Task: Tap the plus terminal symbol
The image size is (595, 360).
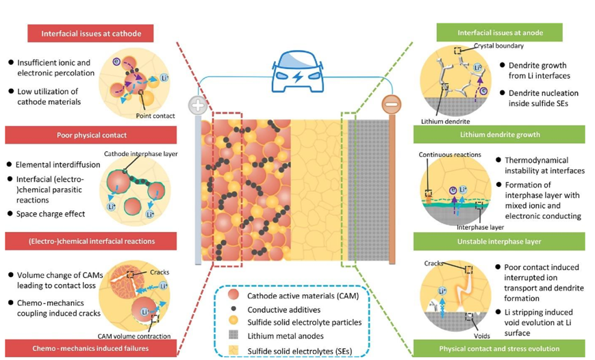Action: tap(198, 107)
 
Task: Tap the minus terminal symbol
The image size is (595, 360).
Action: tap(392, 107)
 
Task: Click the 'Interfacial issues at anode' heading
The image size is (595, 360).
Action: tap(499, 32)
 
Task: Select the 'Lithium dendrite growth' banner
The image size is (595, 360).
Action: tap(499, 135)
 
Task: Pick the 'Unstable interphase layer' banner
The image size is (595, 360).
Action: tap(499, 241)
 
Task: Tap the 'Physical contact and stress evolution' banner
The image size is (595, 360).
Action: tap(499, 348)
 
